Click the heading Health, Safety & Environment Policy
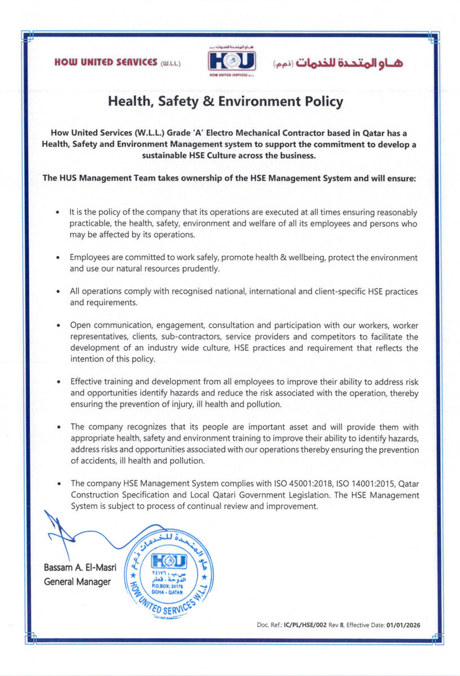coord(225,102)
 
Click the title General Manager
coord(77,581)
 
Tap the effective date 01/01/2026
coord(403,625)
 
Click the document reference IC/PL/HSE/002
coord(309,625)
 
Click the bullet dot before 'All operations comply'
coord(58,292)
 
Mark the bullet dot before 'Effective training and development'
coord(58,383)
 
